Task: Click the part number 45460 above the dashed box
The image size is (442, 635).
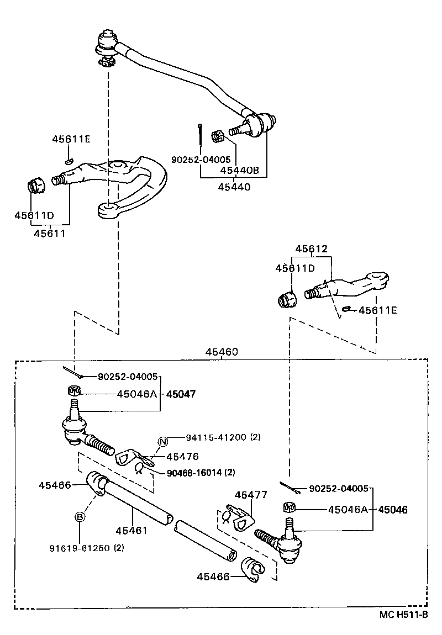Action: coord(222,352)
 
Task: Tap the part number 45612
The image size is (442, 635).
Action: coord(311,249)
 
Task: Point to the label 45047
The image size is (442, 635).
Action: coord(182,394)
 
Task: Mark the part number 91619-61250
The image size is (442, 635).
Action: coord(79,548)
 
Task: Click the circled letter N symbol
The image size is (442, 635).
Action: coord(162,441)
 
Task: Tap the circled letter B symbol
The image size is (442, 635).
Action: coord(80,517)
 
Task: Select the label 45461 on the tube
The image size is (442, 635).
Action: coord(131,531)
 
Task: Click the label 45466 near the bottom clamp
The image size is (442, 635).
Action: coord(213,576)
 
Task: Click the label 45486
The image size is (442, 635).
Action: coord(55,485)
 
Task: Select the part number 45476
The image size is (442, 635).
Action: coord(182,457)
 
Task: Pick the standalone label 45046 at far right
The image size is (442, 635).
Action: coord(393,510)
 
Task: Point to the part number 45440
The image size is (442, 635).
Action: coord(234,187)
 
